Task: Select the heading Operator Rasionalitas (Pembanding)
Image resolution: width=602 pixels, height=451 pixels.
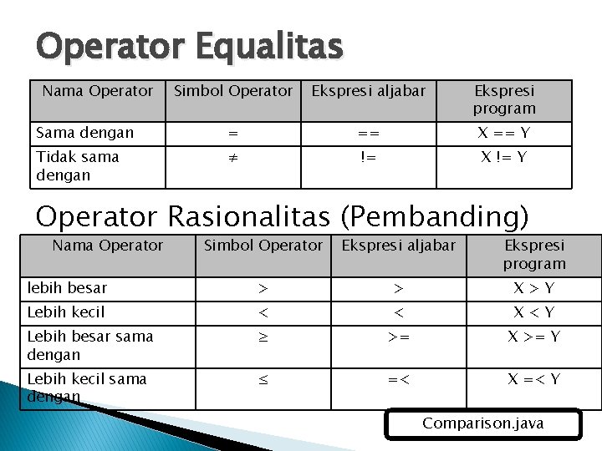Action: pyautogui.click(x=283, y=215)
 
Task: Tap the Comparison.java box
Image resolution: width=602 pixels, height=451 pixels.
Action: pyautogui.click(x=482, y=423)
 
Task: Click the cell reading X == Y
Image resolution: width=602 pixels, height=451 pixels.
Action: pyautogui.click(x=503, y=133)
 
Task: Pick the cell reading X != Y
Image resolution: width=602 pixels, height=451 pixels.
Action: pyautogui.click(x=503, y=157)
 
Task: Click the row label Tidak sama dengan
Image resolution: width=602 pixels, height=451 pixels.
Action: pyautogui.click(x=77, y=165)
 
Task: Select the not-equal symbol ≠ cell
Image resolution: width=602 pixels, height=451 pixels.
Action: pyautogui.click(x=233, y=157)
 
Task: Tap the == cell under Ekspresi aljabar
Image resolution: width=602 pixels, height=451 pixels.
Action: pyautogui.click(x=368, y=133)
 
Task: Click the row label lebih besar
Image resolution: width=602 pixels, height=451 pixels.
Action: pyautogui.click(x=67, y=288)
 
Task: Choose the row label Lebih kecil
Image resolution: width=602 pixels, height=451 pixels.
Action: pyautogui.click(x=66, y=312)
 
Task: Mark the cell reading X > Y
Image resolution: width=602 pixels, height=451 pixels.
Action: pyautogui.click(x=533, y=288)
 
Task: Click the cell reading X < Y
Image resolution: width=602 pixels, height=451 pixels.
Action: pyautogui.click(x=533, y=312)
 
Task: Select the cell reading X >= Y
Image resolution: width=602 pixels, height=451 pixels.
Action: pyautogui.click(x=533, y=337)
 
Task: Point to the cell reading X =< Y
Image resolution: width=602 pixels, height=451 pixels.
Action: pyautogui.click(x=533, y=379)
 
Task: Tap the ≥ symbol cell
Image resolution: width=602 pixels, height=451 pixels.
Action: pyautogui.click(x=263, y=337)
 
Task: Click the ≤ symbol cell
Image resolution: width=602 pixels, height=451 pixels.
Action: pyautogui.click(x=263, y=379)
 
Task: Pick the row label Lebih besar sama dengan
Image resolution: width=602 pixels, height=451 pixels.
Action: pyautogui.click(x=90, y=345)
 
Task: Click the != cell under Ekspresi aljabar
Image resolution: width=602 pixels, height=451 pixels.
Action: pyautogui.click(x=368, y=157)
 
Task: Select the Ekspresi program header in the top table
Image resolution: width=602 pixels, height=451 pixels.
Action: pyautogui.click(x=503, y=99)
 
